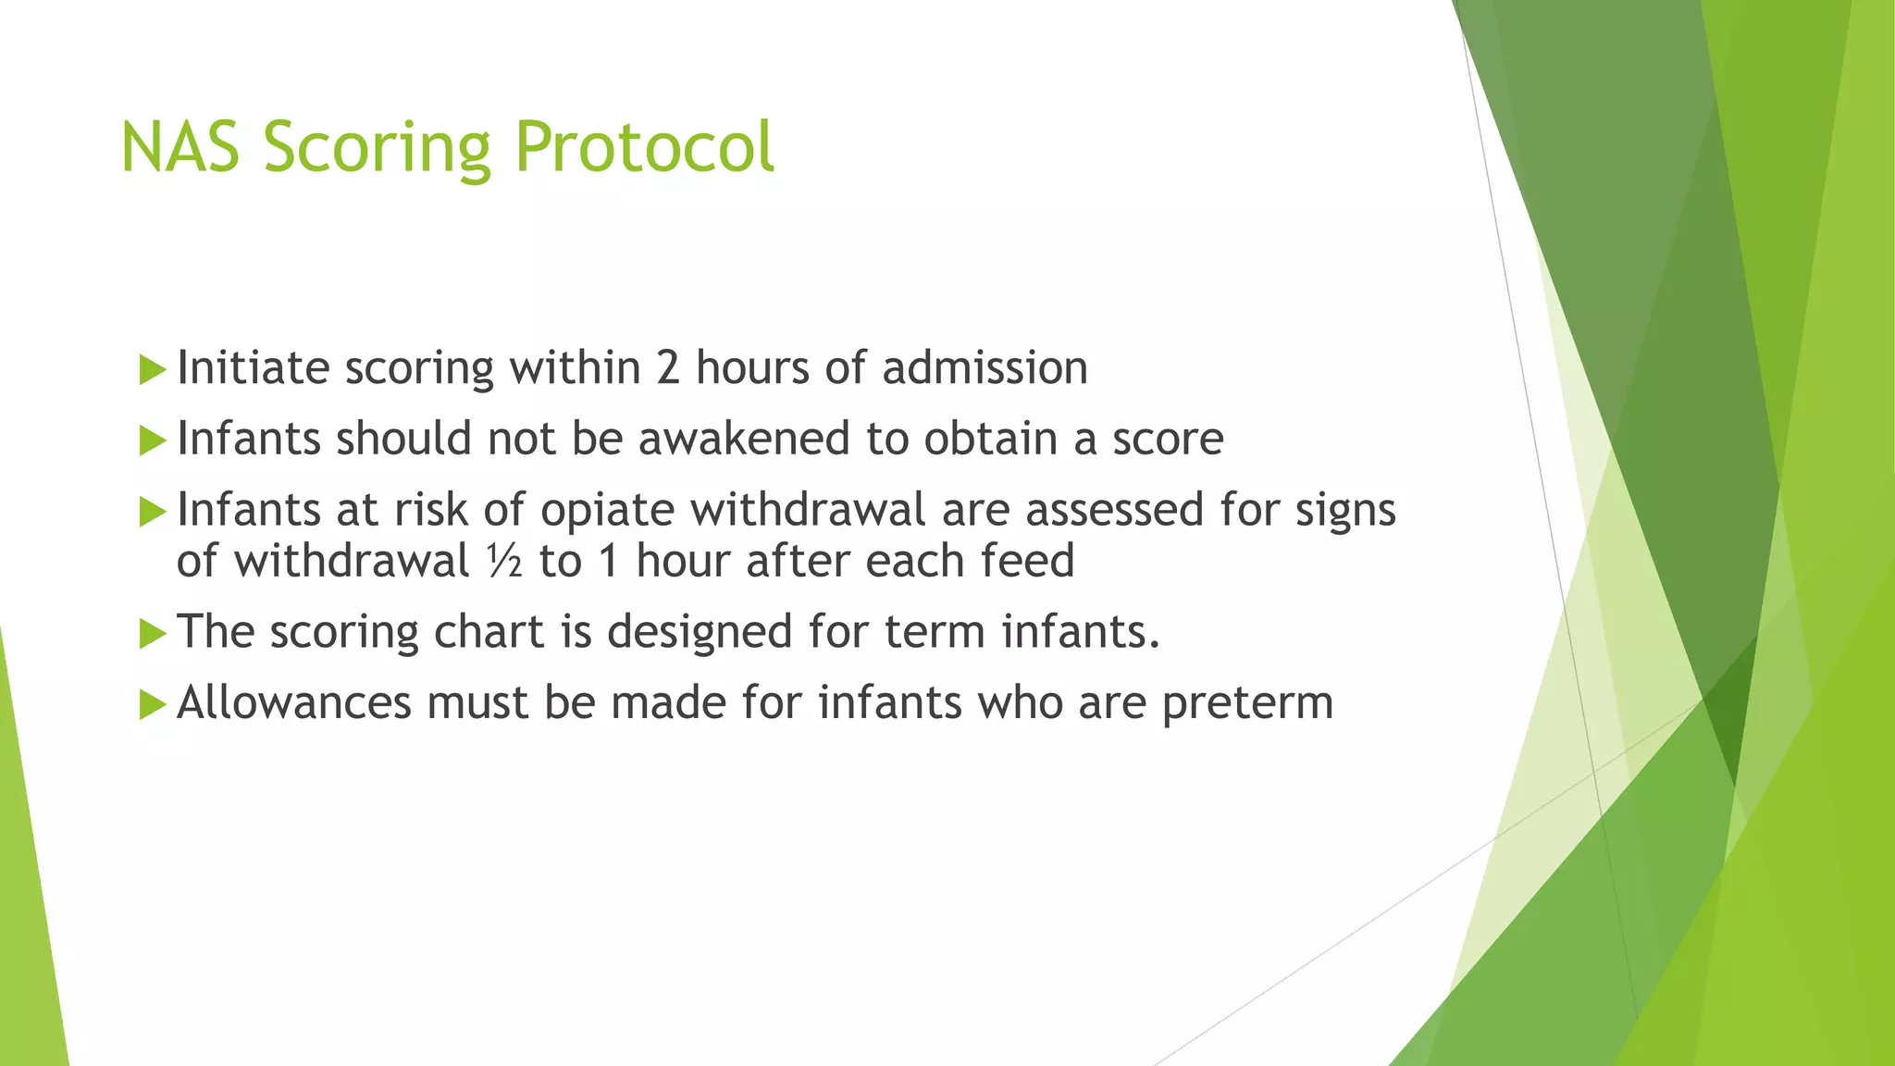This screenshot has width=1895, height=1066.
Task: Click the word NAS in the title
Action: pyautogui.click(x=181, y=148)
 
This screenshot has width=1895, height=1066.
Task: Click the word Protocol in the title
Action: pyautogui.click(x=644, y=148)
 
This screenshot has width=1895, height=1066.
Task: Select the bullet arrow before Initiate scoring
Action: pyautogui.click(x=151, y=370)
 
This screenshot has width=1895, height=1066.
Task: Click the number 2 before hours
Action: pyautogui.click(x=668, y=368)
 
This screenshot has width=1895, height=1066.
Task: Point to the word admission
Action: pyautogui.click(x=985, y=368)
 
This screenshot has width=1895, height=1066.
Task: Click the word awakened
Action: pyautogui.click(x=743, y=439)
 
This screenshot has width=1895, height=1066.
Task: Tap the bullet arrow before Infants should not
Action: pyautogui.click(x=151, y=441)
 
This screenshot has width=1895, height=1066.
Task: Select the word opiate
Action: pyautogui.click(x=607, y=511)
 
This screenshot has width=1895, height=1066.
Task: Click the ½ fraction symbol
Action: pyautogui.click(x=504, y=562)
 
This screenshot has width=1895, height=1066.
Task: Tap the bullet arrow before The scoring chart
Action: pyautogui.click(x=151, y=635)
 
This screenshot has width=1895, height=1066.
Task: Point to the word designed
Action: pyautogui.click(x=700, y=633)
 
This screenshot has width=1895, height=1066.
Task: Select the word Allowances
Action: pyautogui.click(x=293, y=703)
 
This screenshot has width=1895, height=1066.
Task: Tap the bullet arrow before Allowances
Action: pyautogui.click(x=151, y=705)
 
